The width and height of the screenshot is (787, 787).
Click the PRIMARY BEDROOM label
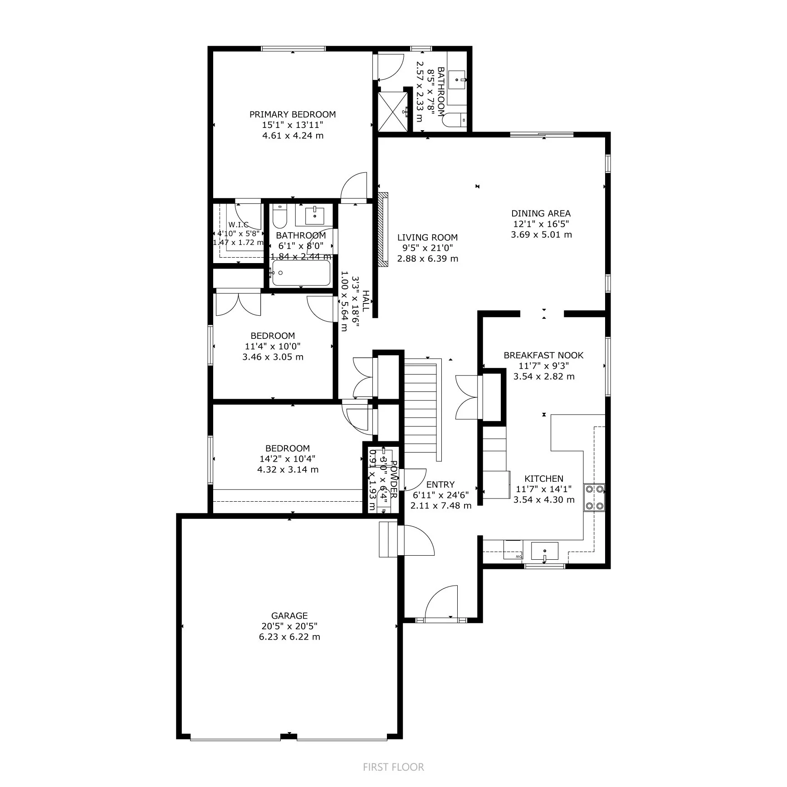(x=293, y=114)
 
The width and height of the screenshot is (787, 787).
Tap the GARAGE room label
(x=289, y=616)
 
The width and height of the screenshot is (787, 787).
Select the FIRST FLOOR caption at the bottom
(x=393, y=767)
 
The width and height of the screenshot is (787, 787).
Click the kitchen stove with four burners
(x=595, y=497)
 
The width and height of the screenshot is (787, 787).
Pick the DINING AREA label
(x=541, y=213)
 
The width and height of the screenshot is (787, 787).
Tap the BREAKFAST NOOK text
(x=543, y=355)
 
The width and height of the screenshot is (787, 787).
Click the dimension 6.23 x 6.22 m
(x=289, y=637)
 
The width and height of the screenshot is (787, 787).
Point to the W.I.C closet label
(x=238, y=225)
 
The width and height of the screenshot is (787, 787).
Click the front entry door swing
(x=441, y=601)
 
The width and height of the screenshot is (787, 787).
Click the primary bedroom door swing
(x=355, y=186)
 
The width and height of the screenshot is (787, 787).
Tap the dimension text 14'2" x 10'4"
(x=288, y=459)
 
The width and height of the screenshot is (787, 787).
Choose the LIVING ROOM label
(x=427, y=237)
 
